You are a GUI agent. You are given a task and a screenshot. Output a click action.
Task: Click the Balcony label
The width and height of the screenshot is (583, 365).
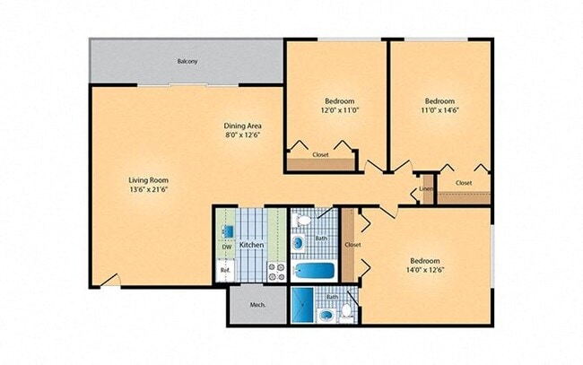[x=187, y=61]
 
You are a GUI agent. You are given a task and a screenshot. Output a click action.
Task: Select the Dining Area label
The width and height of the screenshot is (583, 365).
[x=242, y=126]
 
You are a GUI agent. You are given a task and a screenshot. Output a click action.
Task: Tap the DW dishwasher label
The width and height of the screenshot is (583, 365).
[x=226, y=247]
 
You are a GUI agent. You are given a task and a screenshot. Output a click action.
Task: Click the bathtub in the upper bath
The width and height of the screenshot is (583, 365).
[x=314, y=271]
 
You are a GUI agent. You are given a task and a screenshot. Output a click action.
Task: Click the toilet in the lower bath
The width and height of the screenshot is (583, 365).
[x=347, y=312]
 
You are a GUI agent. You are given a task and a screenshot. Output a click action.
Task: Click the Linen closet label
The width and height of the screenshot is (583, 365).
[x=427, y=189]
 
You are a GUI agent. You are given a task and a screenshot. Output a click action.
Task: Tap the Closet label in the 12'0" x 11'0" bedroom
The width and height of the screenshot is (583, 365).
[x=320, y=154]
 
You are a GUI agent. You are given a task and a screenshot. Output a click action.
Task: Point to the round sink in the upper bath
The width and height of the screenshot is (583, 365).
[x=298, y=243]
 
